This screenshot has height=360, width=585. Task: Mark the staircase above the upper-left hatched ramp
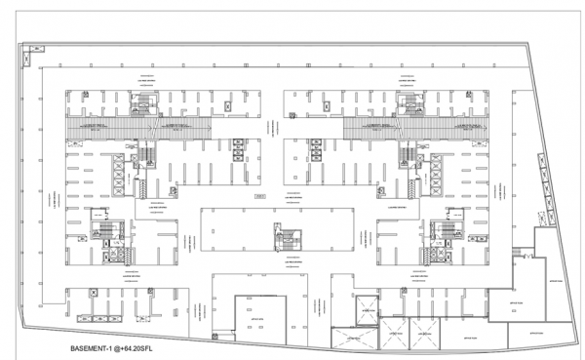coord(145,102)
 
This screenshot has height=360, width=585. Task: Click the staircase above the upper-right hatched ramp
coord(409,102)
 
